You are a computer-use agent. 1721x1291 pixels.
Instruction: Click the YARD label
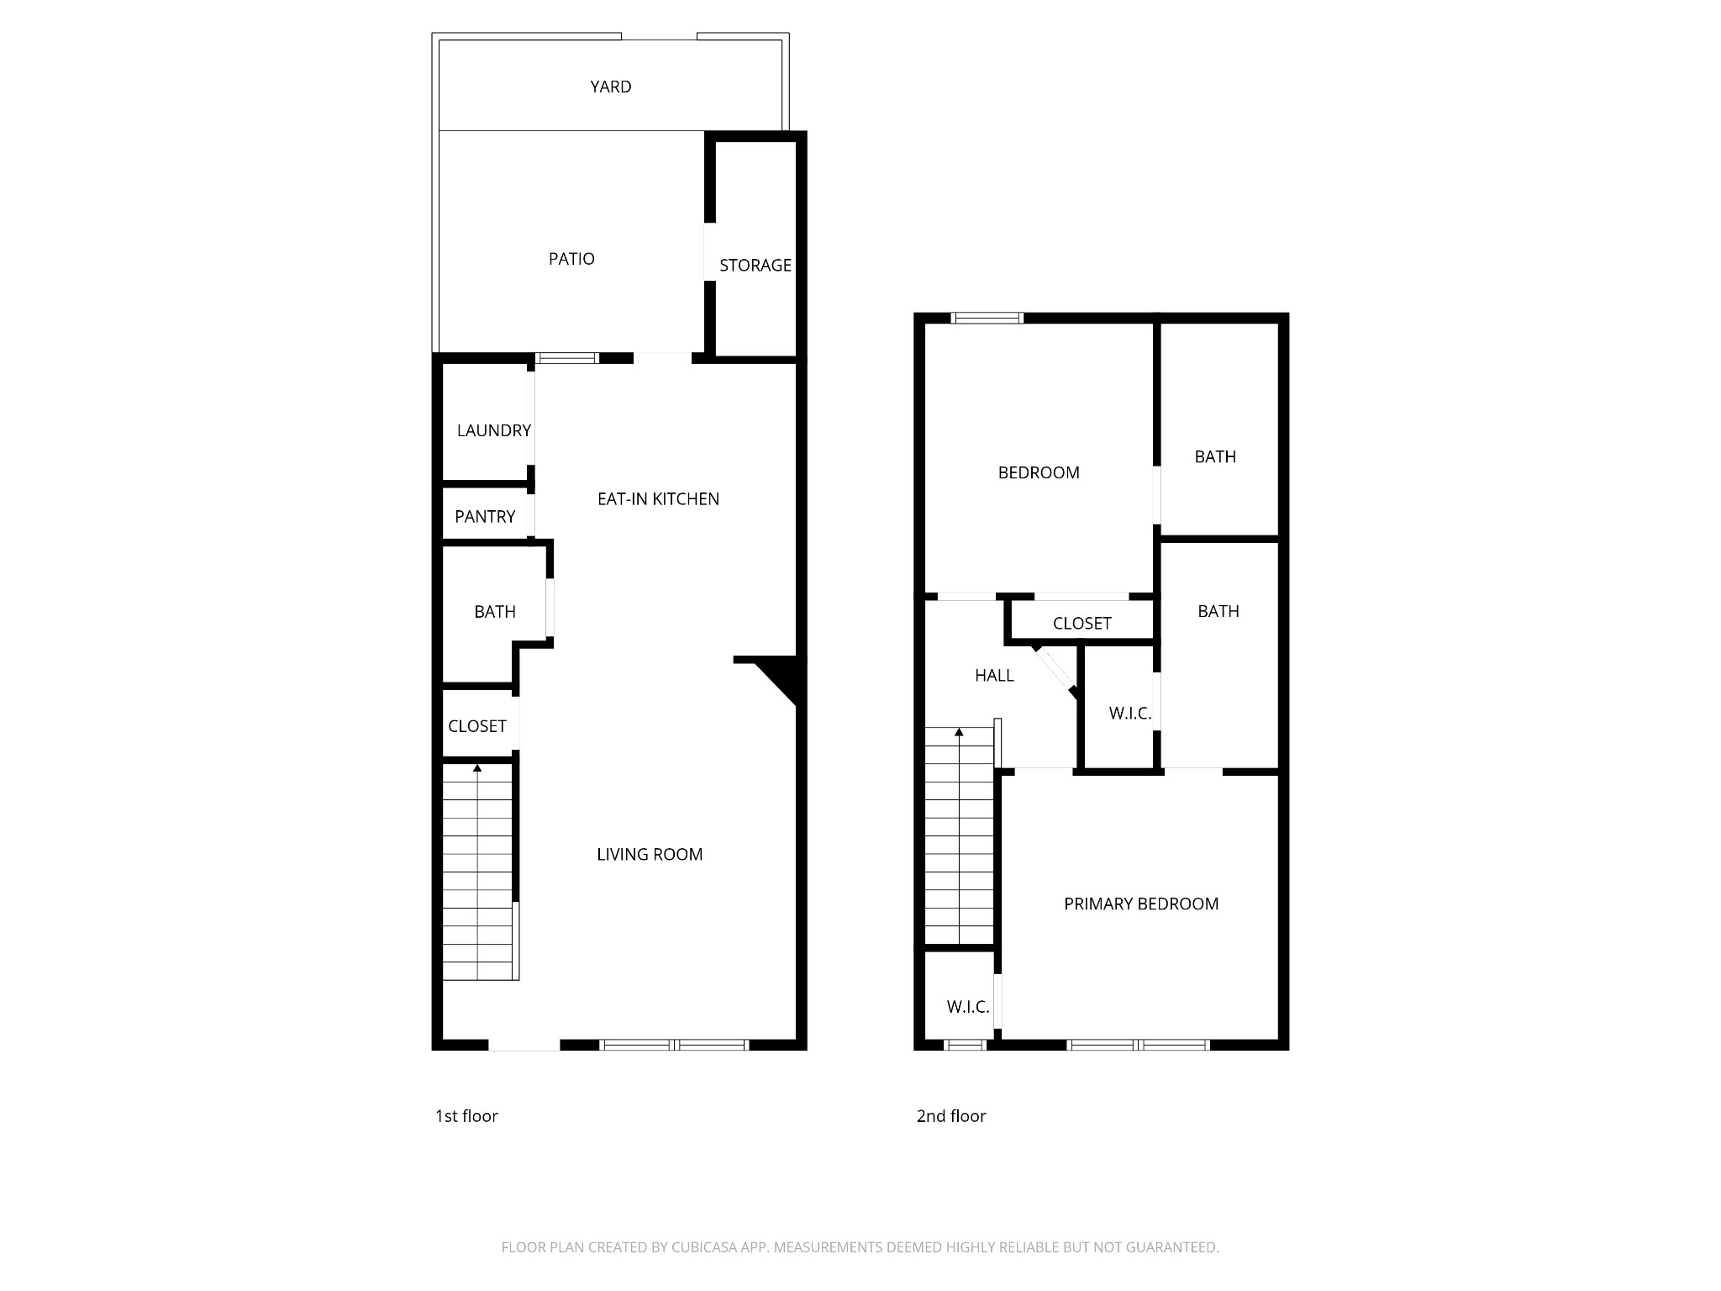(610, 87)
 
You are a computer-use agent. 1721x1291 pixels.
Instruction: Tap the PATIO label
(571, 259)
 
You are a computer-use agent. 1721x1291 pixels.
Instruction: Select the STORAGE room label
(755, 266)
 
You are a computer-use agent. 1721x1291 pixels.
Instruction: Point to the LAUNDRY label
(493, 430)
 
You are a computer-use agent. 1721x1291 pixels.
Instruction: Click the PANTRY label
(485, 517)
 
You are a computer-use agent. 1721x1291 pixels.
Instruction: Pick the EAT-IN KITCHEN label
(658, 499)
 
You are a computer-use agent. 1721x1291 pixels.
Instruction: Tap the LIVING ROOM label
(650, 855)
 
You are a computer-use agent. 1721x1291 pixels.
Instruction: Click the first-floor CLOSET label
(477, 726)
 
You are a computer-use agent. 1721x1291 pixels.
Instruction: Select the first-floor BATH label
(495, 612)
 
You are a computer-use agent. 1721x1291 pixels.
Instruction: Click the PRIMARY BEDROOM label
(1141, 904)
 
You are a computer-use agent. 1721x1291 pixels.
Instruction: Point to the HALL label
(994, 676)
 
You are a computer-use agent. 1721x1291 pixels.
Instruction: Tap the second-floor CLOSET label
(1082, 624)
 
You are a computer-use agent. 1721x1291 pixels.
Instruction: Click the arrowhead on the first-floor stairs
(477, 768)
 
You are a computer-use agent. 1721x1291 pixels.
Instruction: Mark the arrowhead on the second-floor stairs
(959, 732)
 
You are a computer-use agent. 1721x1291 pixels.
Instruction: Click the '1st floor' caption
(466, 1116)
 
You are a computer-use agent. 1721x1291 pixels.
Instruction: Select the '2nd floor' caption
(951, 1116)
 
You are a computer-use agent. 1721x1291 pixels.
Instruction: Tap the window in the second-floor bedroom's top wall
(987, 318)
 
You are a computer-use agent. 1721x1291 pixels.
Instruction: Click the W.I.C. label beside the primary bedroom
(968, 1007)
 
